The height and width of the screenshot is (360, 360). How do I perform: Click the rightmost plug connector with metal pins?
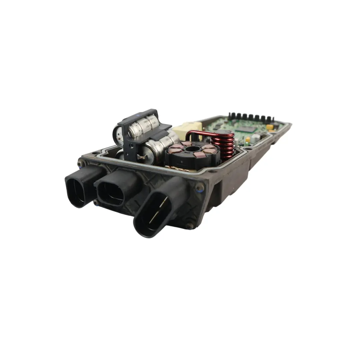click(157, 210)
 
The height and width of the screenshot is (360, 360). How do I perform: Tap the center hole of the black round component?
click(191, 150)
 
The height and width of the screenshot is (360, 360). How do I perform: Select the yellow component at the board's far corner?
click(269, 127)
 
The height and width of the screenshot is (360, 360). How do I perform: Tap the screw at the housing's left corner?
click(80, 164)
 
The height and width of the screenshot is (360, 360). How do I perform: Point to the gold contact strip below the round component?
click(182, 169)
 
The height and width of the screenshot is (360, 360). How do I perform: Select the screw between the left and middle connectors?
click(96, 202)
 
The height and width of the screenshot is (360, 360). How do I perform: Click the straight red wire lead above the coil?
click(203, 133)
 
